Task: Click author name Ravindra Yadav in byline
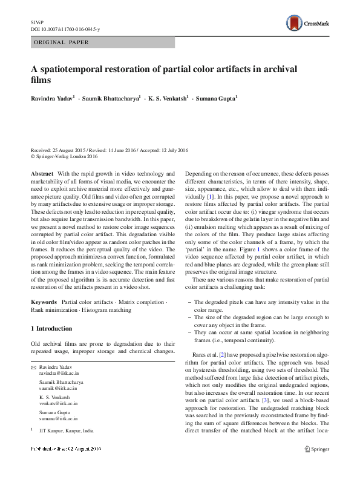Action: tap(51, 97)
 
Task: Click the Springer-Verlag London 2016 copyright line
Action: tap(66, 156)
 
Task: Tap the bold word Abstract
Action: tap(42, 174)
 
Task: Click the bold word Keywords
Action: tap(44, 302)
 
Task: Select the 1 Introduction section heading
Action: tap(51, 328)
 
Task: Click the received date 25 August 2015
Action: tap(68, 150)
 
